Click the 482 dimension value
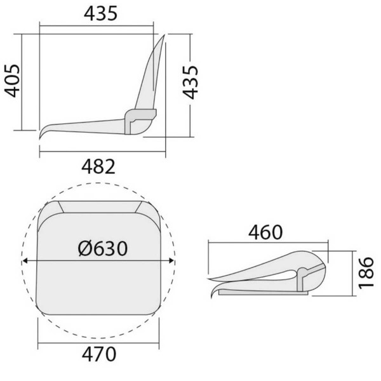pyautogui.click(x=99, y=167)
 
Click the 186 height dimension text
pyautogui.click(x=366, y=273)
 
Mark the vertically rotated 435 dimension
pyautogui.click(x=192, y=82)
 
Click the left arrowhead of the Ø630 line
pyautogui.click(x=25, y=260)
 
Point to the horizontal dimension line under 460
pyautogui.click(x=267, y=242)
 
